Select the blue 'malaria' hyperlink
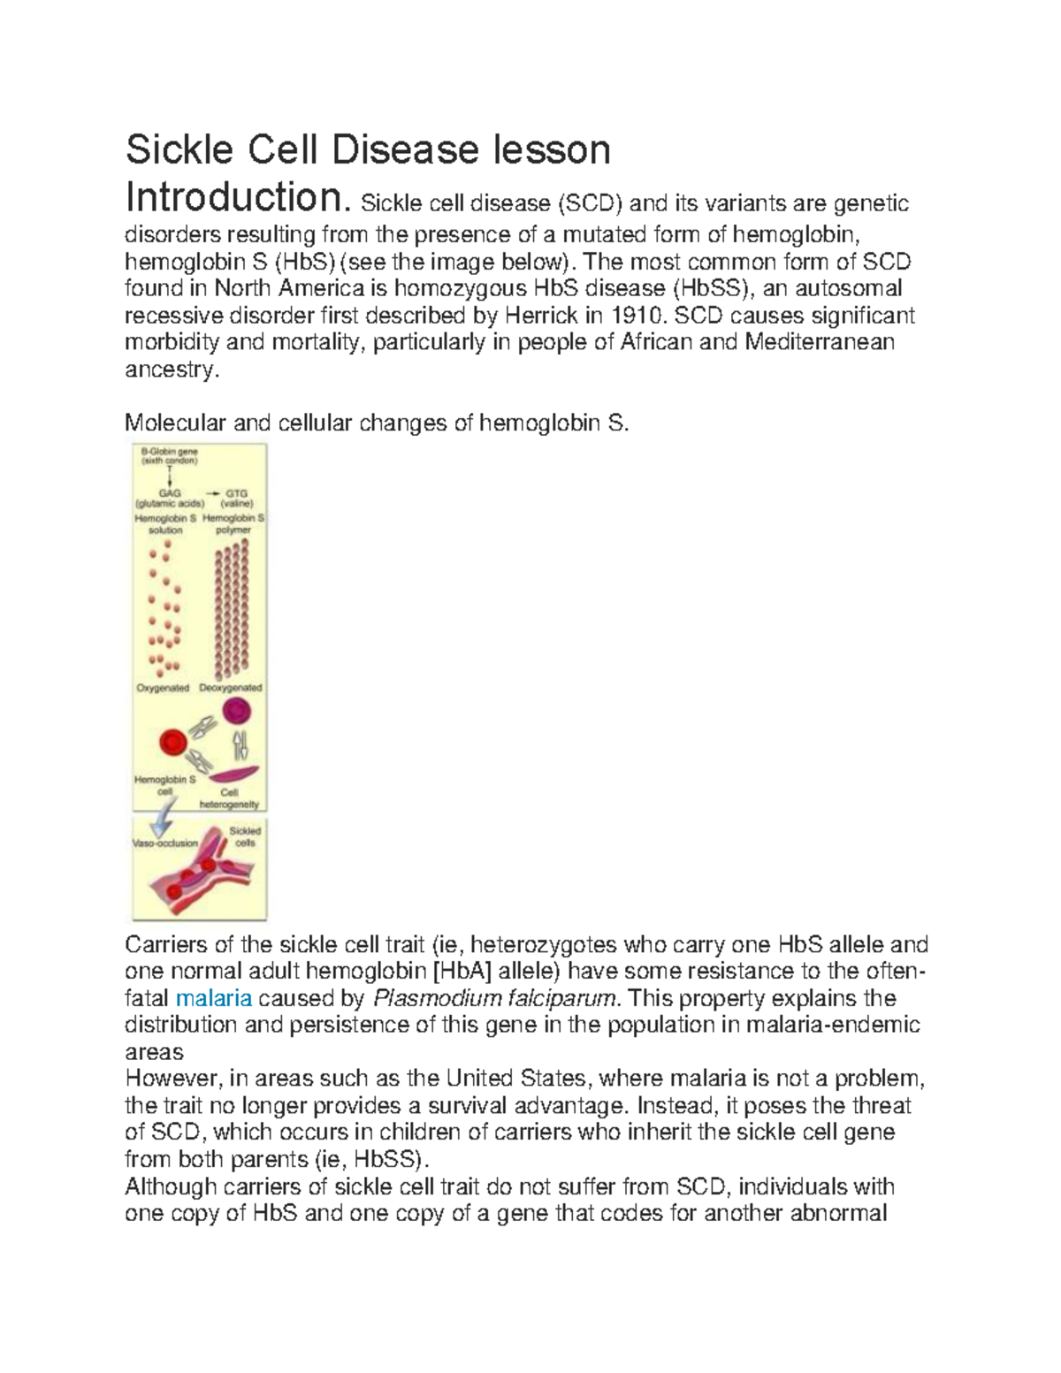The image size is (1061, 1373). [x=214, y=999]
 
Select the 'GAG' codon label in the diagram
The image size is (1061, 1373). [x=165, y=493]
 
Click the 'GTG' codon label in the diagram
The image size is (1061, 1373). [x=236, y=493]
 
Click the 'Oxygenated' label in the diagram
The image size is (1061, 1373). [x=163, y=688]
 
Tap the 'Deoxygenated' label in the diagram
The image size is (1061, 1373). [x=231, y=688]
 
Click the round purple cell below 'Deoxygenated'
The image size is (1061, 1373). [x=236, y=711]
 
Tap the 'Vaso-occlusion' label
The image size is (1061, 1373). [x=165, y=843]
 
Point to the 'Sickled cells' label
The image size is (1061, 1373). [x=245, y=837]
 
